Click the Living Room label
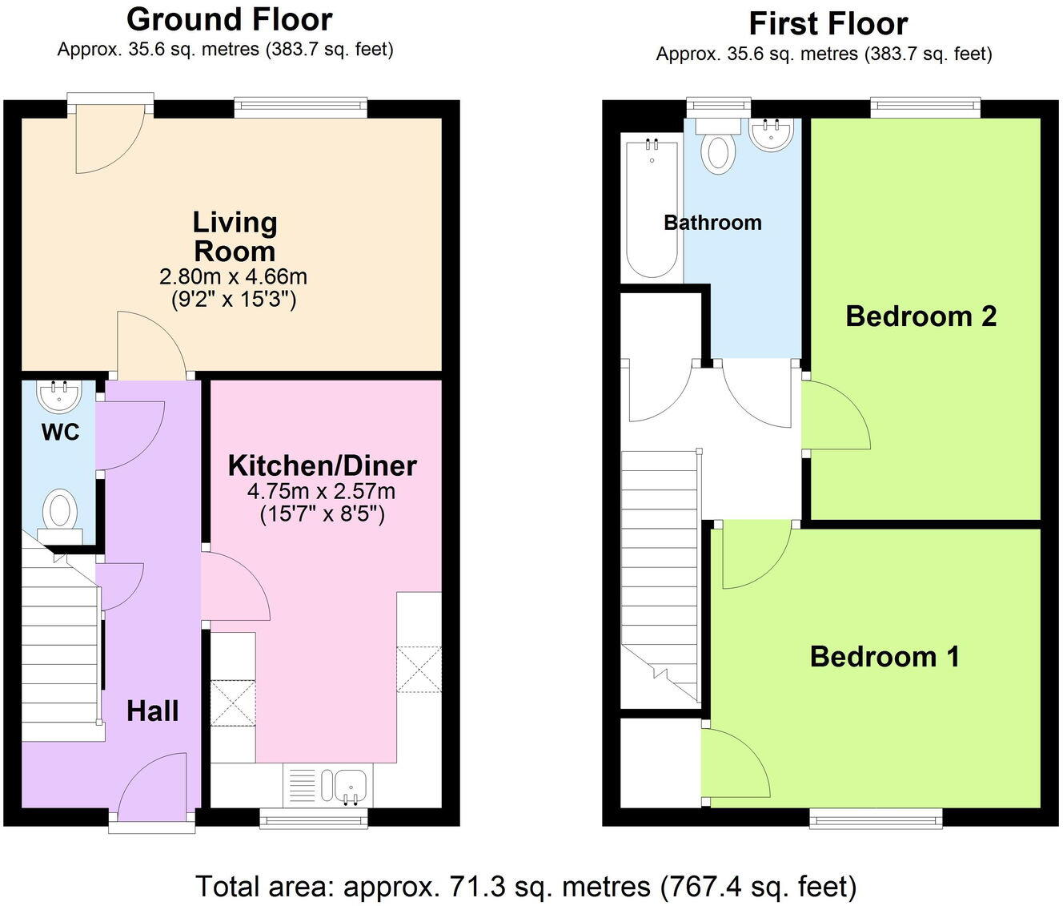[235, 236]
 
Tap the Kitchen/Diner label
[322, 465]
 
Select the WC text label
[60, 433]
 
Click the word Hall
[152, 711]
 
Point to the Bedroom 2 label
[921, 316]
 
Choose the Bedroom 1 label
[884, 657]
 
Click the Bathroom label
[712, 223]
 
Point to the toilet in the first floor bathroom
[718, 147]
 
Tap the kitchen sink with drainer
[327, 786]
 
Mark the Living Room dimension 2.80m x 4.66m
[234, 277]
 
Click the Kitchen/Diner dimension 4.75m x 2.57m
[322, 491]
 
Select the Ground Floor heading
[229, 19]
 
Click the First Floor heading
[828, 24]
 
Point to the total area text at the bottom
[526, 887]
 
